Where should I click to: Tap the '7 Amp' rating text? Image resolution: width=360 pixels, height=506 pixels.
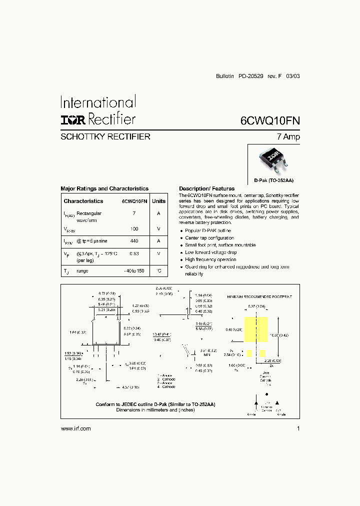pos(288,136)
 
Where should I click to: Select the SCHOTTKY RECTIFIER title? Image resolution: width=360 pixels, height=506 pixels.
pos(105,136)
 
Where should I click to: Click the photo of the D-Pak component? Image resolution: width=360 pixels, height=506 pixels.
pos(273,158)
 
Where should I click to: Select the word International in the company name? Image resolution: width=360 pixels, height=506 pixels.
pos(98,102)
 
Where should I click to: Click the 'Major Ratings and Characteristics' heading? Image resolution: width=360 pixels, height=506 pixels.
pos(104,188)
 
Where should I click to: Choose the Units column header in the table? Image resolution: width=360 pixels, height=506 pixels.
pos(158,201)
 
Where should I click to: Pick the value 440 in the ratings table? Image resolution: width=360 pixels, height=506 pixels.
pos(134,240)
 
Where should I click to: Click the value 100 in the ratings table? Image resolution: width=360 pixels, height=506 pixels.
pos(134,228)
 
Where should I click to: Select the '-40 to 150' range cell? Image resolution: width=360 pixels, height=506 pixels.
pos(134,270)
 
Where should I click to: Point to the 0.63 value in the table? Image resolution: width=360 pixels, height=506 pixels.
pos(134,253)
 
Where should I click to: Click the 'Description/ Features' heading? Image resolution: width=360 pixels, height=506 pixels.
pos(206,188)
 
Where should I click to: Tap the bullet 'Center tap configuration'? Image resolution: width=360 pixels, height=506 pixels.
pos(209,238)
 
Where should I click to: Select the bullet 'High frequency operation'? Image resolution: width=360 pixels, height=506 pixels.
pos(210,259)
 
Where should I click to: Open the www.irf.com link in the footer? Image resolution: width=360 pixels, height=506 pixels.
pos(75,428)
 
